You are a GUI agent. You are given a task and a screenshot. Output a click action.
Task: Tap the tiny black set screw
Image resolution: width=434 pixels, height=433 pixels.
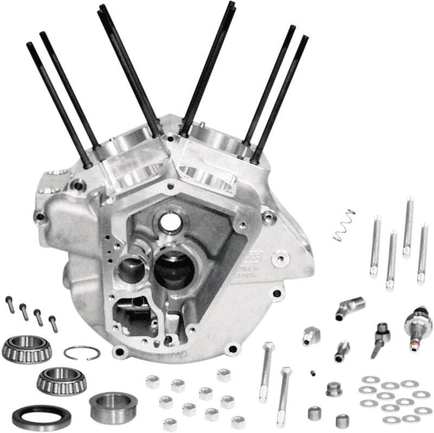click(314, 372)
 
